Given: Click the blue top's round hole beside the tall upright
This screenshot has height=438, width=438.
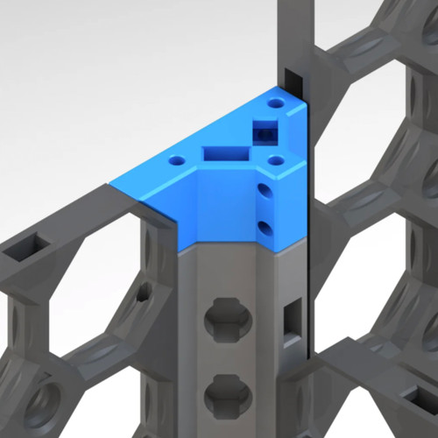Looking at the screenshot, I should click(278, 104).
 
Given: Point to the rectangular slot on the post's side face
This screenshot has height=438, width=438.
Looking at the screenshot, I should click(293, 317).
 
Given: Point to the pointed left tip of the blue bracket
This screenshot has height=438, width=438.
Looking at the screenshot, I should click(114, 185).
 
